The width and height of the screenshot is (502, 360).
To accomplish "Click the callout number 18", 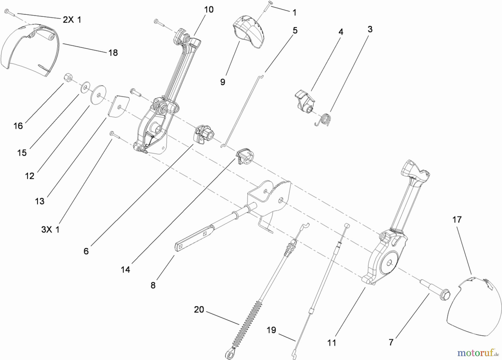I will [113, 53].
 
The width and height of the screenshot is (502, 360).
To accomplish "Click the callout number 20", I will [199, 310].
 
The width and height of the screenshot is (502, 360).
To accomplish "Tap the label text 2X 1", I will [72, 20].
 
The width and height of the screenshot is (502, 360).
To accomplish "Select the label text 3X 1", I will [50, 230].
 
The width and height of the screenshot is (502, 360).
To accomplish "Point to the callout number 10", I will [209, 9].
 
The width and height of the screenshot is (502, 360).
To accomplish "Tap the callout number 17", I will [457, 220].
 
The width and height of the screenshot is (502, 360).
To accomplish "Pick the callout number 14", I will [126, 269].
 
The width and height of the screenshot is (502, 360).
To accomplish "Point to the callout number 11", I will [332, 342].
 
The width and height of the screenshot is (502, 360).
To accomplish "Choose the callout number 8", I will [153, 285].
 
